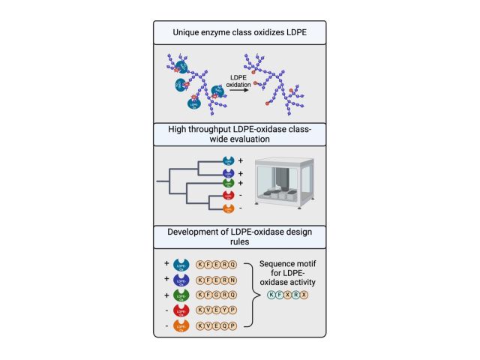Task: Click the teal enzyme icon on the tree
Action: click(x=229, y=160)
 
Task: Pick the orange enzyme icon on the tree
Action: click(x=229, y=208)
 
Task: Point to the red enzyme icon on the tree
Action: click(x=229, y=196)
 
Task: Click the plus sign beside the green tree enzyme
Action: click(x=241, y=183)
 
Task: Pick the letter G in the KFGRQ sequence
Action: click(x=216, y=295)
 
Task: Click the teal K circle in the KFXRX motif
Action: click(x=271, y=295)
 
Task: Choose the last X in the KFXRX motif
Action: click(x=304, y=295)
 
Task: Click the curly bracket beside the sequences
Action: click(x=250, y=295)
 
